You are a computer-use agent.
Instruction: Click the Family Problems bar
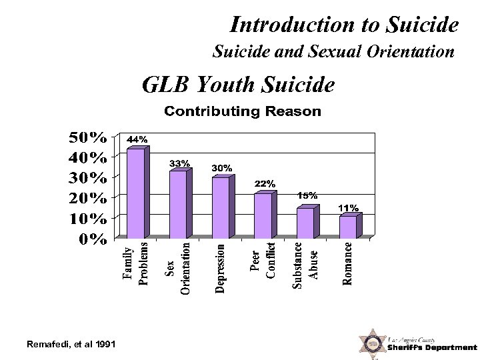pos(135,193)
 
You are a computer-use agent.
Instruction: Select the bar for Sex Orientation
pos(178,205)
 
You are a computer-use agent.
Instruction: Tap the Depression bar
pos(220,207)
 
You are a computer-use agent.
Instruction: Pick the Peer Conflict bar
pos(263,215)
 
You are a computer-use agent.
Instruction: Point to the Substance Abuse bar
pos(305,223)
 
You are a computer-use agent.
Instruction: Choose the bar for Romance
pos(347,227)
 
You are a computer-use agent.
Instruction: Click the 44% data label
pos(137,139)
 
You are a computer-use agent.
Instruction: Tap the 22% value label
pos(265,183)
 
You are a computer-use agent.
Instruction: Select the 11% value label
pos(349,208)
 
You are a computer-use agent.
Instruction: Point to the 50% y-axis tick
pos(87,137)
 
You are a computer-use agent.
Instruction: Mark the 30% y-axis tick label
pos(87,178)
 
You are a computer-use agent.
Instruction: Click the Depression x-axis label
pos(221,268)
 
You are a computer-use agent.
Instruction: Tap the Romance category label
pos(348,263)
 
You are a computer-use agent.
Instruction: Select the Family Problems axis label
pos(135,265)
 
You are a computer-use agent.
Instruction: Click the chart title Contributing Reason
pos(243,111)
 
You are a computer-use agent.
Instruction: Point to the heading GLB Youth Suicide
pos(238,85)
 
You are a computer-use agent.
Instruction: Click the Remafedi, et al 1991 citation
pos(71,344)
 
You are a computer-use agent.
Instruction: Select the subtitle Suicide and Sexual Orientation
pos(333,51)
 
